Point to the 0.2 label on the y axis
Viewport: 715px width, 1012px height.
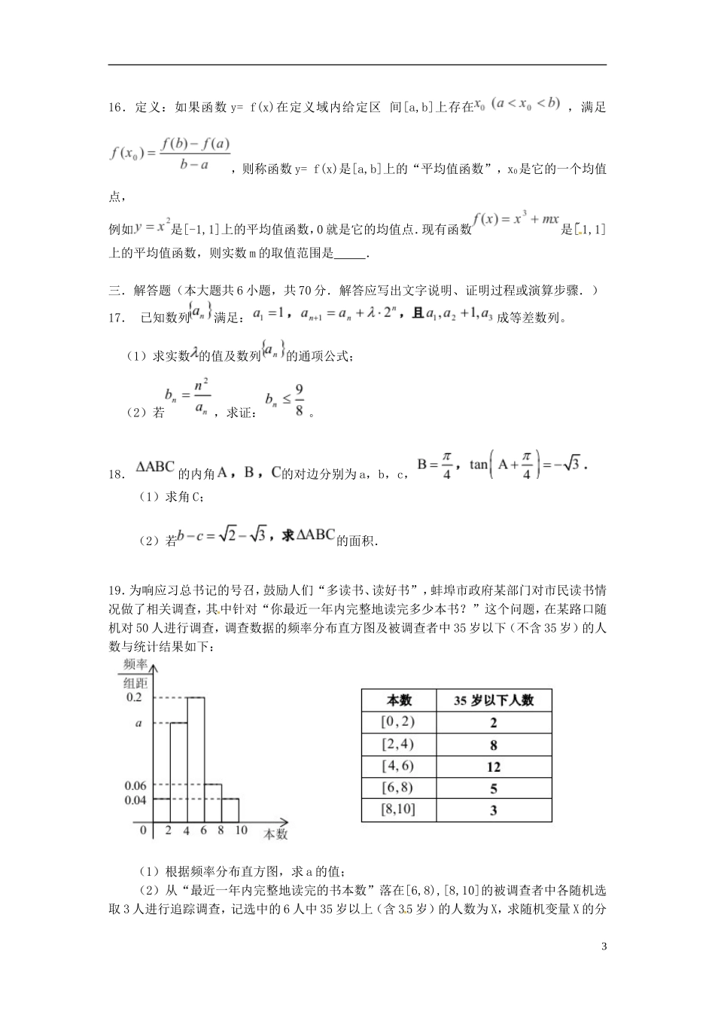(x=134, y=697)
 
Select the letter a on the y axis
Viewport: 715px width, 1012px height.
(x=138, y=723)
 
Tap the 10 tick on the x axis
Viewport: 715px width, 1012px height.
(x=241, y=831)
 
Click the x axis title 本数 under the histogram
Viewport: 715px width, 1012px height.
(x=275, y=834)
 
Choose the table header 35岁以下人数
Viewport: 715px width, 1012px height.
(x=494, y=700)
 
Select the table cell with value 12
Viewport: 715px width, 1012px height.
(x=494, y=767)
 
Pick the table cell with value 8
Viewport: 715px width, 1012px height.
(x=494, y=745)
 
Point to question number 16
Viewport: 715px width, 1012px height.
(x=117, y=108)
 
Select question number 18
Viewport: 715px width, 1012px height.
(x=117, y=474)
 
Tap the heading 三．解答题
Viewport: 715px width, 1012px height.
(x=141, y=290)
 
